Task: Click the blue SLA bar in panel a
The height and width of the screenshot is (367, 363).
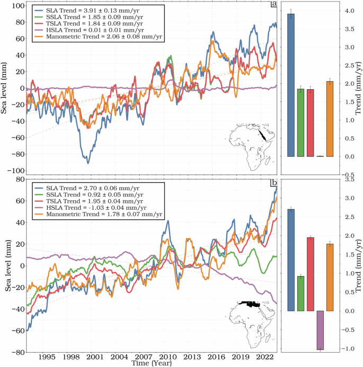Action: coord(291,85)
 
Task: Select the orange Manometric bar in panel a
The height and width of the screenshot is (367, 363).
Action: coord(329,119)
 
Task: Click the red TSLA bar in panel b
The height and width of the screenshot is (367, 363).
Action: coord(310,274)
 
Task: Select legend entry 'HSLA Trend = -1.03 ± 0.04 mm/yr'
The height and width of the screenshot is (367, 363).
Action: coord(95,208)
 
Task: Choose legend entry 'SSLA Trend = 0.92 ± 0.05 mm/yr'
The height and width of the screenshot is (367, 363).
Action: coord(95,194)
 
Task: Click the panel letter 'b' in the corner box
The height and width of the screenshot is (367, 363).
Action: coord(274,184)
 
